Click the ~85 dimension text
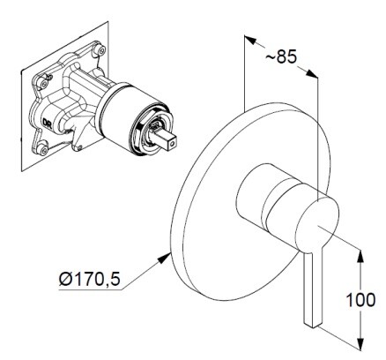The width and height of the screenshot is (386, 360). pos(281,56)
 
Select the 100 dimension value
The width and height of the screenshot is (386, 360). pos(360,300)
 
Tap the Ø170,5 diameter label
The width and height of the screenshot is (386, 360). pos(90,278)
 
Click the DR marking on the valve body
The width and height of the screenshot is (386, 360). pos(48,122)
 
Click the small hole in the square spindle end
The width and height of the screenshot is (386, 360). pos(173,144)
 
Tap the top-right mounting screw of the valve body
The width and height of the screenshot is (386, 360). pos(101,50)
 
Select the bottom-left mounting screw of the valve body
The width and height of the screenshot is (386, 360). pos(44,150)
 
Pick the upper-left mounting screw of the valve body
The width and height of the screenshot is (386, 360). pos(44,84)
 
